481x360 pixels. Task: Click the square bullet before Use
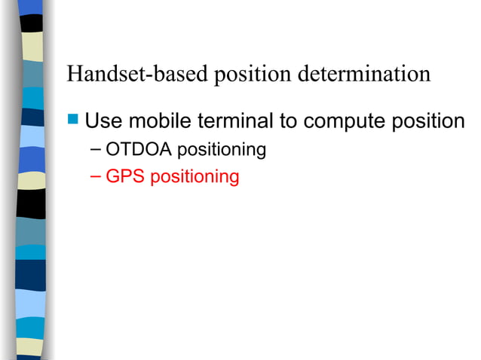click(x=72, y=120)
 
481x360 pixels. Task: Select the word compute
click(x=342, y=121)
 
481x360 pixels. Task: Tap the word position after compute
click(x=428, y=121)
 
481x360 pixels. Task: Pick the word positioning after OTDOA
click(x=222, y=151)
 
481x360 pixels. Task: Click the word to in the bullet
click(x=289, y=121)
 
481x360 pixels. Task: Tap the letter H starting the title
click(x=73, y=75)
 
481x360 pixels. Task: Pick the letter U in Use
click(x=92, y=121)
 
